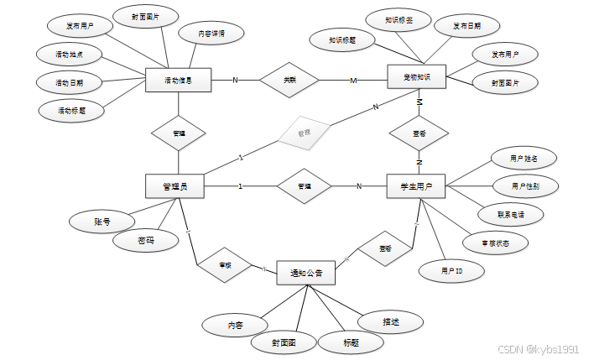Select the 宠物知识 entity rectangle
point(416,78)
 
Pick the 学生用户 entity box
point(416,185)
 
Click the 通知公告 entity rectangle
point(306,273)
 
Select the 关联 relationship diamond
point(289,80)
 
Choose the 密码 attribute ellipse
point(145,241)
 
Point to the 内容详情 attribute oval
point(211,34)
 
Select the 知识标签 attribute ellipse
point(399,18)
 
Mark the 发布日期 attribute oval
point(467,25)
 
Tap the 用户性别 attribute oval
point(524,185)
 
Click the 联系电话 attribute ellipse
point(511,214)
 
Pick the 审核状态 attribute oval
point(496,243)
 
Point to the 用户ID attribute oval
point(452,271)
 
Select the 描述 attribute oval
point(390,321)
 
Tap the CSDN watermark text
point(539,347)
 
